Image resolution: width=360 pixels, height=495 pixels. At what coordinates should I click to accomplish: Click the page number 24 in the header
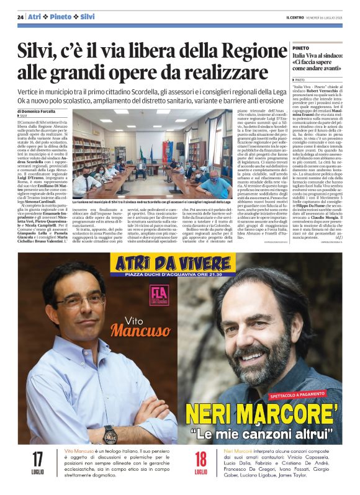[x=20, y=16]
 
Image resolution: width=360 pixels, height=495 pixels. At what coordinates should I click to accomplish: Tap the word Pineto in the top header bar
[x=62, y=16]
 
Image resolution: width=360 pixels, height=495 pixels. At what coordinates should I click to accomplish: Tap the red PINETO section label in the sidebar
[x=301, y=47]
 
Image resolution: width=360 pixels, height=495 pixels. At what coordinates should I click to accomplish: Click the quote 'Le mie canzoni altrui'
[x=263, y=432]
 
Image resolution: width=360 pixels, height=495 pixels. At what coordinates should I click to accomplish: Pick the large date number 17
[x=37, y=460]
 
